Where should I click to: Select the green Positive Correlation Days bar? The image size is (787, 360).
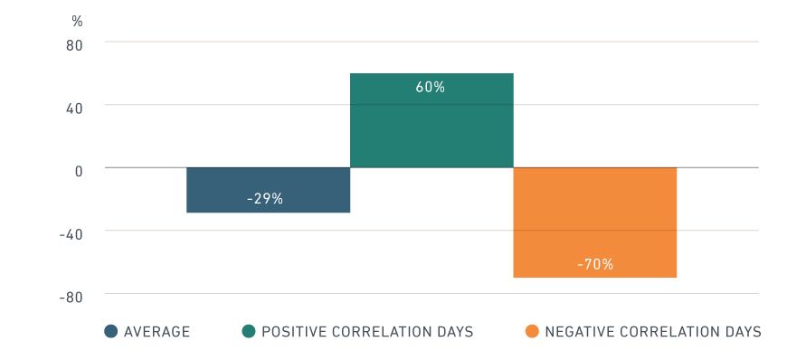click(431, 127)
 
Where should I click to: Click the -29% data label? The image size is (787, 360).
click(265, 198)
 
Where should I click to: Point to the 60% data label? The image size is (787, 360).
click(431, 88)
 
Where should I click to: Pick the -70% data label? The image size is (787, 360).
click(595, 264)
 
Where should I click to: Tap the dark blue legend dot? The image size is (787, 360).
click(111, 332)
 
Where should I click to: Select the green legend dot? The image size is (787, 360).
click(249, 332)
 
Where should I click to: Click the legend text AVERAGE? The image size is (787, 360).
click(156, 332)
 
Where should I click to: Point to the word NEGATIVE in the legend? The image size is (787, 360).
click(578, 332)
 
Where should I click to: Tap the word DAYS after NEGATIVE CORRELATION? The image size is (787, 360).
click(742, 332)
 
